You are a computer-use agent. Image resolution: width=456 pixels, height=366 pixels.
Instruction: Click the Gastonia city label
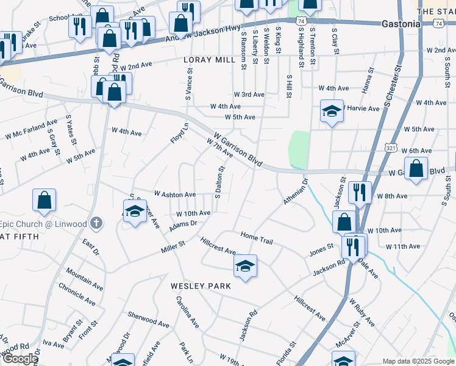[x=401, y=24]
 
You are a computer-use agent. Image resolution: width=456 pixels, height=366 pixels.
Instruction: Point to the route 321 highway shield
[x=391, y=148]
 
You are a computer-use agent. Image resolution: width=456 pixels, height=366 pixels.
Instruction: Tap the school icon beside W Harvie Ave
[x=332, y=112]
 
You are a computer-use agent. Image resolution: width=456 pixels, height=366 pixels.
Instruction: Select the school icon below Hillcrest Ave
[x=245, y=267]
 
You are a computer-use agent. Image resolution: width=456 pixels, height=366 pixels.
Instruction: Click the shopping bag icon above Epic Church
[x=45, y=201]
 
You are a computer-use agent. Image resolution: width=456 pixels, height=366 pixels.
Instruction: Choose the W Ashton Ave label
[x=175, y=194]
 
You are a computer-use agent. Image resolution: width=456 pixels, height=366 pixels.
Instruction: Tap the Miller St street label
[x=173, y=246]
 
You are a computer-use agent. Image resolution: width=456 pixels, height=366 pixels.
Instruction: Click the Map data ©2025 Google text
[x=418, y=361]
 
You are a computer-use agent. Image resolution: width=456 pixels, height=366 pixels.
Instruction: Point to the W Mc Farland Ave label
[x=31, y=130]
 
